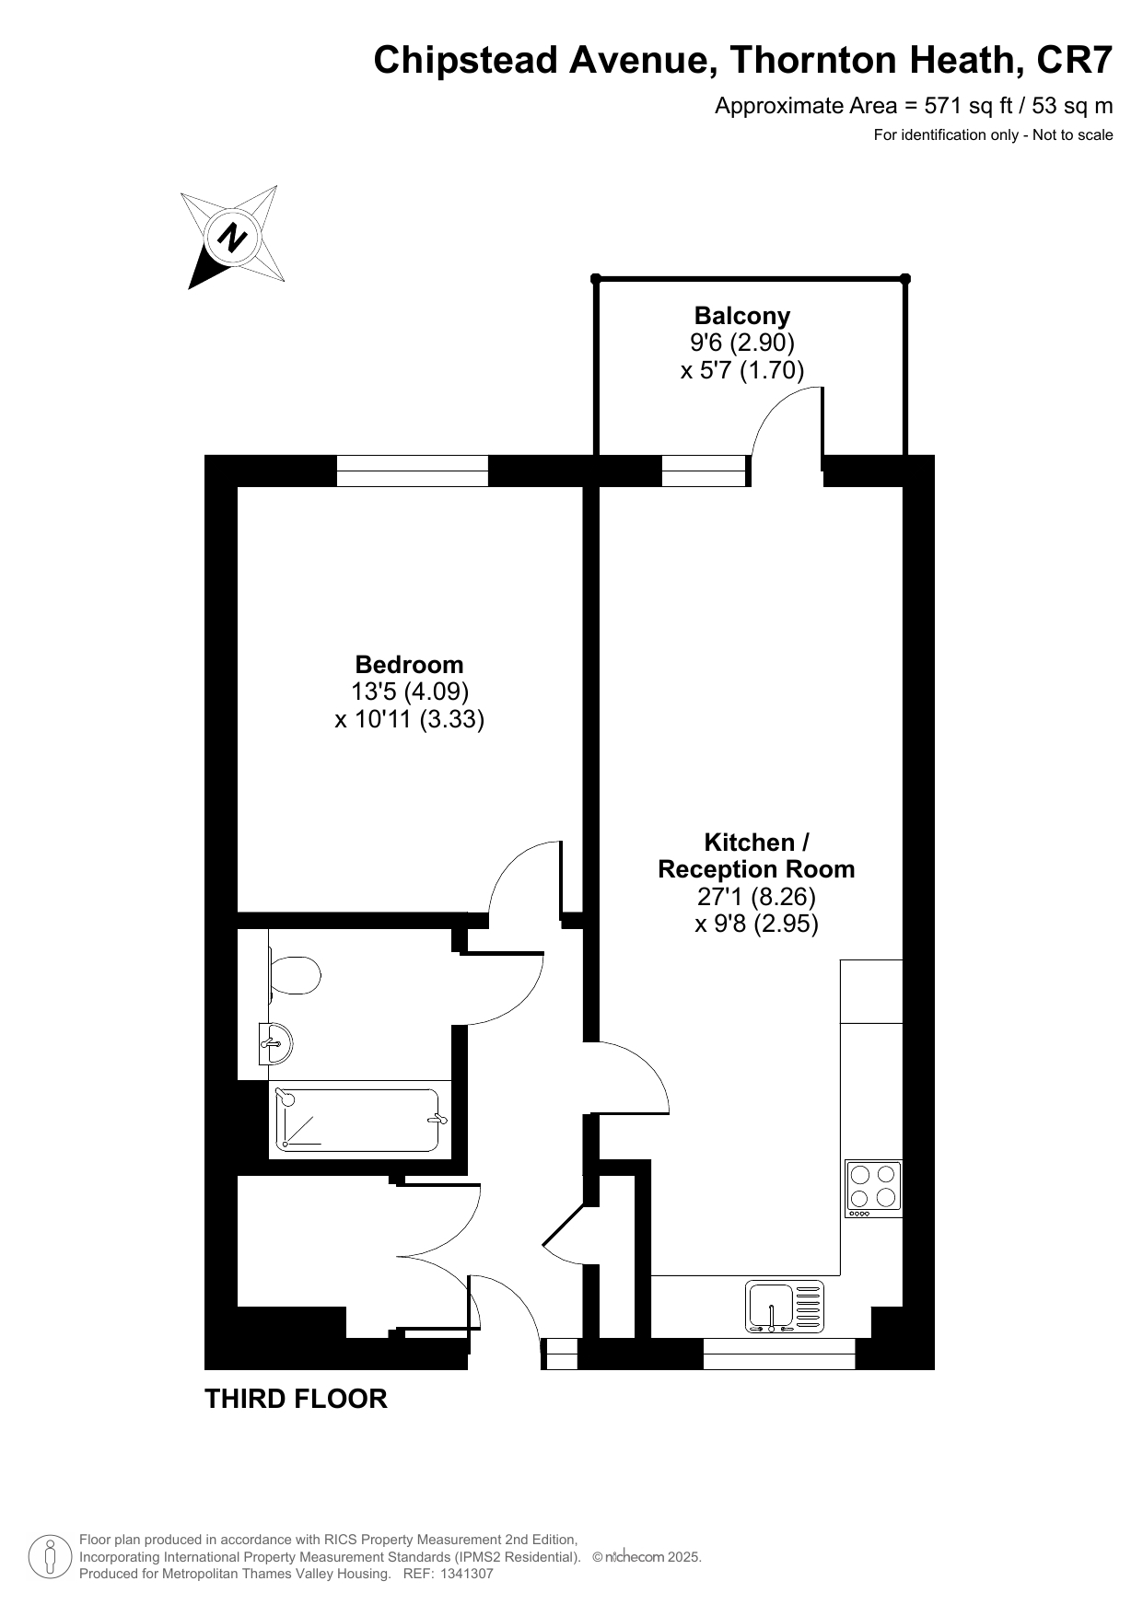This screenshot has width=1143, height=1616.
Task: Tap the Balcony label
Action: click(742, 316)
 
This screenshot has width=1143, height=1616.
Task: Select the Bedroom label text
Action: click(410, 665)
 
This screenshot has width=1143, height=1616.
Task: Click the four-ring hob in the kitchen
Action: click(873, 1189)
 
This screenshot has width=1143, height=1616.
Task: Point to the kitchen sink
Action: click(784, 1307)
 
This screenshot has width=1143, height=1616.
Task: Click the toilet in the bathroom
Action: click(293, 975)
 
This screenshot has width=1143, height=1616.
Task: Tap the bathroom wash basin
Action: click(276, 1044)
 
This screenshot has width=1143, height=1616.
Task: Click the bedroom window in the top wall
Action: click(412, 471)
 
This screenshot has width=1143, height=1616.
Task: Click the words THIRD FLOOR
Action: click(296, 1399)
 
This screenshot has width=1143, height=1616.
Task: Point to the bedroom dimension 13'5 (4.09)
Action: click(410, 692)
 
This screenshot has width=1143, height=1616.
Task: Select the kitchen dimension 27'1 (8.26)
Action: click(756, 896)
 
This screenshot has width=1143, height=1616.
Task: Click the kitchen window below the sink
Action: click(779, 1354)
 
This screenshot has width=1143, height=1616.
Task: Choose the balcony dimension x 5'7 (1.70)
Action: click(742, 371)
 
